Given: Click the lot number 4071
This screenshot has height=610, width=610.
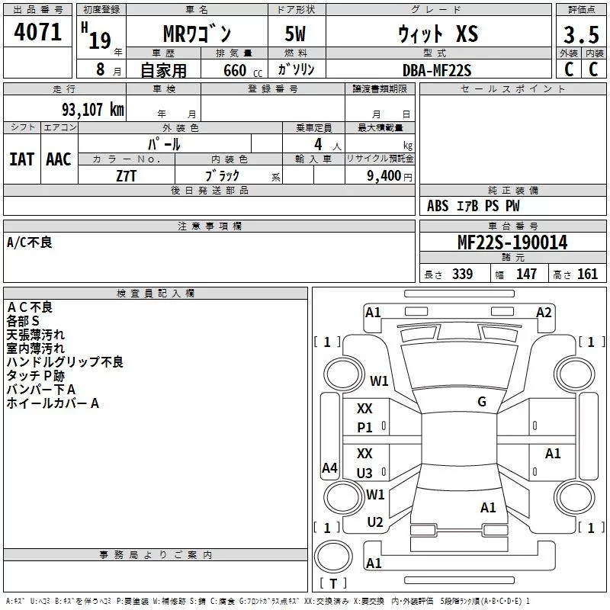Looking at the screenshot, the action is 37,32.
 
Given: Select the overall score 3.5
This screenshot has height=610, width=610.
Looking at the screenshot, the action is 581,34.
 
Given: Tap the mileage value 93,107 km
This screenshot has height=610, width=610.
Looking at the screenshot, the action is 93,110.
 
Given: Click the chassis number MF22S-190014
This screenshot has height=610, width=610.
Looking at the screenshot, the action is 512,242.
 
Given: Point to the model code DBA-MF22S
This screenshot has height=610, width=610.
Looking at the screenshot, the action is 437,70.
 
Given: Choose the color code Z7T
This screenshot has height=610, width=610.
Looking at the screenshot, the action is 126,176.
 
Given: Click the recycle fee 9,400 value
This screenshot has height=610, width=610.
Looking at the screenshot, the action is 384,176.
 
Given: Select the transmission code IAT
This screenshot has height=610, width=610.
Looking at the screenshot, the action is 22,159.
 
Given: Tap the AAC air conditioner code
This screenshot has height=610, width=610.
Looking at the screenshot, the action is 59,159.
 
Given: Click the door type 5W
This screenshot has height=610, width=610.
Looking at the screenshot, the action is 295,34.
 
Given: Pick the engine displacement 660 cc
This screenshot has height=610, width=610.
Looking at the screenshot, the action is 242,71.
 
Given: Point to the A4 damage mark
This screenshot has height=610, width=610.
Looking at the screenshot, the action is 329,467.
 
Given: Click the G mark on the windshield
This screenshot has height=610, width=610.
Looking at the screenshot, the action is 482,402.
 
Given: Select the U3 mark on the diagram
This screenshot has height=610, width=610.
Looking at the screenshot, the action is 364,473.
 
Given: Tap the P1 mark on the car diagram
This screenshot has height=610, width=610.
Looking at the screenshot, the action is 364,428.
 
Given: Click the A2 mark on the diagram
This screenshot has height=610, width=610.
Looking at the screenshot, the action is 544,313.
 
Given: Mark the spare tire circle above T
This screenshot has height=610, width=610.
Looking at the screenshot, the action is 333,557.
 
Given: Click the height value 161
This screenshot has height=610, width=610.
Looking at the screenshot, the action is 587,274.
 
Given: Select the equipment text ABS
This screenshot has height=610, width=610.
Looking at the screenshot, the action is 438,206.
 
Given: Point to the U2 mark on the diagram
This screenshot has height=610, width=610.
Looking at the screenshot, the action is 375,522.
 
